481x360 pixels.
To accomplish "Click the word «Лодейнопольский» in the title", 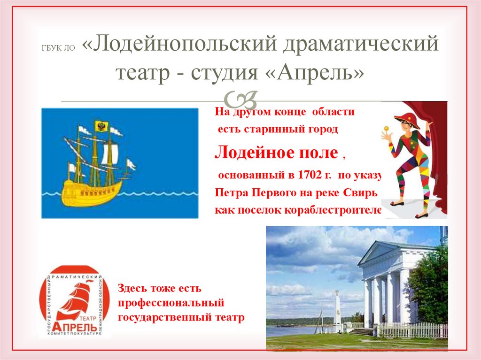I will coord(182,46).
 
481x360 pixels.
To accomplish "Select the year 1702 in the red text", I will coord(308,176).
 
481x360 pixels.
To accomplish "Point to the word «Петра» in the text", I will coord(231,193).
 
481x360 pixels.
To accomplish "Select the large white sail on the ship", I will coord(109,154).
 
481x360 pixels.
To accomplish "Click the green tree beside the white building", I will coord(429,286).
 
